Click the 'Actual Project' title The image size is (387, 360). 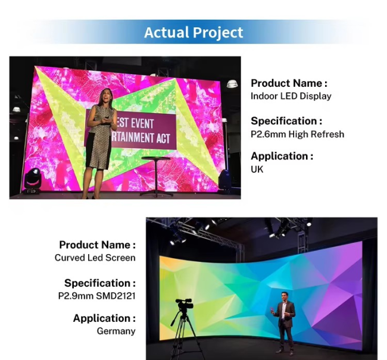[193, 32]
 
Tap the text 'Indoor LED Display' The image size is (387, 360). [291, 96]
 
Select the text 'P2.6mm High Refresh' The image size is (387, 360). [298, 134]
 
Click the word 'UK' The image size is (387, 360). [257, 169]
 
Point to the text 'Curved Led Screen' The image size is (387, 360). [95, 258]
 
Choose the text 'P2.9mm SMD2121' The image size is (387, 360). [96, 296]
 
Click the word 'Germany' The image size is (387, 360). [116, 331]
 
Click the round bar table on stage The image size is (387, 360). [156, 176]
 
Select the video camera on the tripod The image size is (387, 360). [185, 305]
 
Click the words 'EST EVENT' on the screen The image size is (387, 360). [135, 123]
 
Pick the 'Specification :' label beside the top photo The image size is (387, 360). [286, 121]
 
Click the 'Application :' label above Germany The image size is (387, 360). [104, 318]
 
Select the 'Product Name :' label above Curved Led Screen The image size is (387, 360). [98, 245]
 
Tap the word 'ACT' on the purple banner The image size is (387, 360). [163, 139]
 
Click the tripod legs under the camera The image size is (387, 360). [183, 336]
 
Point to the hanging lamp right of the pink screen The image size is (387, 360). [232, 84]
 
